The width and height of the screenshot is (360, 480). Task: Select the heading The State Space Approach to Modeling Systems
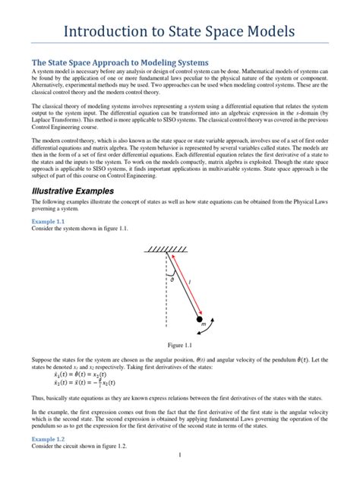click(119, 62)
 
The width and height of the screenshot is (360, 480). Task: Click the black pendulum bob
click(201, 321)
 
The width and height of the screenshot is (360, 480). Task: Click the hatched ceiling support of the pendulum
click(166, 249)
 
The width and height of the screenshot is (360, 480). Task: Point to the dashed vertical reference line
click(166, 289)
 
